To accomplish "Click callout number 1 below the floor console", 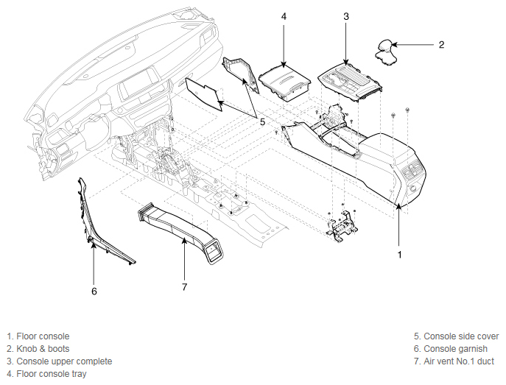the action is [x=399, y=255].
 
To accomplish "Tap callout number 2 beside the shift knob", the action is [x=441, y=44].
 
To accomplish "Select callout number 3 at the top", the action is [x=346, y=16].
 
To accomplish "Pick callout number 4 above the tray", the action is [x=284, y=16].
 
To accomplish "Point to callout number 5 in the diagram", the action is [x=262, y=122].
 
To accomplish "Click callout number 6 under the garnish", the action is [x=94, y=292].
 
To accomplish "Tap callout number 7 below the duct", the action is [x=184, y=286].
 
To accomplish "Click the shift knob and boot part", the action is [x=386, y=53].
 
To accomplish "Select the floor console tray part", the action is [x=285, y=83].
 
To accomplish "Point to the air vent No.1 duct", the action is [x=180, y=232].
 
